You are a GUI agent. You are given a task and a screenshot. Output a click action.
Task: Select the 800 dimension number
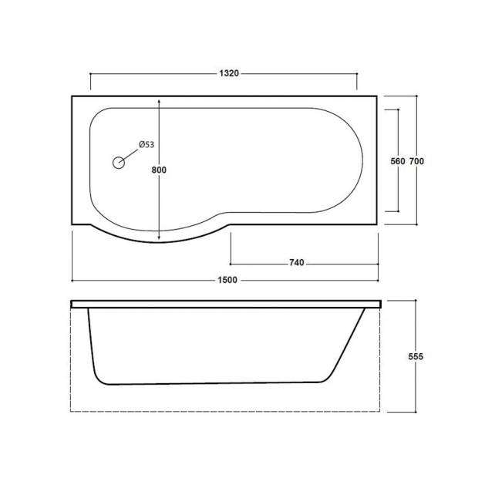[x=160, y=170]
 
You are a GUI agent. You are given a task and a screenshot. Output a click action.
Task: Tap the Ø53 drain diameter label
[x=147, y=145]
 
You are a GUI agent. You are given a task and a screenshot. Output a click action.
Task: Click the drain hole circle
[x=119, y=163]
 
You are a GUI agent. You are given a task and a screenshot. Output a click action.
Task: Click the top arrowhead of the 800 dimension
[x=160, y=101]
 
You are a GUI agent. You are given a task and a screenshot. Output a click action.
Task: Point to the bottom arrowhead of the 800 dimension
[x=160, y=237]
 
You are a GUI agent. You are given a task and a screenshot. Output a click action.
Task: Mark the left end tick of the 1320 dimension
[x=91, y=74]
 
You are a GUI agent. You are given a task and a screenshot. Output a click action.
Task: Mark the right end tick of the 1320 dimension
[x=357, y=74]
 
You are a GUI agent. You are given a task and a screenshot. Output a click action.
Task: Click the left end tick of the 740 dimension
[x=230, y=263]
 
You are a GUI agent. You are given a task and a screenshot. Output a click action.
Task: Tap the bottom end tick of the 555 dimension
[x=416, y=412]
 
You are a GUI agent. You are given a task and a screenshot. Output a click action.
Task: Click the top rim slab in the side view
[x=227, y=304]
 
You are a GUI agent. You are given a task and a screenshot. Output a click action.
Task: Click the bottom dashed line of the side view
[x=227, y=411]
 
